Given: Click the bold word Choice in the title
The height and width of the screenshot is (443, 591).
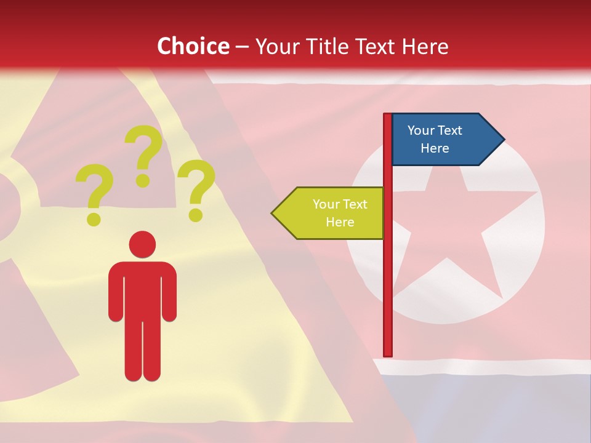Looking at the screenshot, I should point(193,46).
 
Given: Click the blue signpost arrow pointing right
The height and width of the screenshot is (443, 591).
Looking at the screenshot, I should point(443,140).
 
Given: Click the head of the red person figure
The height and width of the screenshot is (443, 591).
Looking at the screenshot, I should point(142,244).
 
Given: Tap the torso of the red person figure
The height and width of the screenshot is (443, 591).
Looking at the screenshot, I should point(142,289).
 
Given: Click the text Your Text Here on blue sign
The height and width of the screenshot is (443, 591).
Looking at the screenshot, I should point(435,139).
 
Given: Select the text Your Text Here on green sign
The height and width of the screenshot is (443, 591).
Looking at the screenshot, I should point(339,213).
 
